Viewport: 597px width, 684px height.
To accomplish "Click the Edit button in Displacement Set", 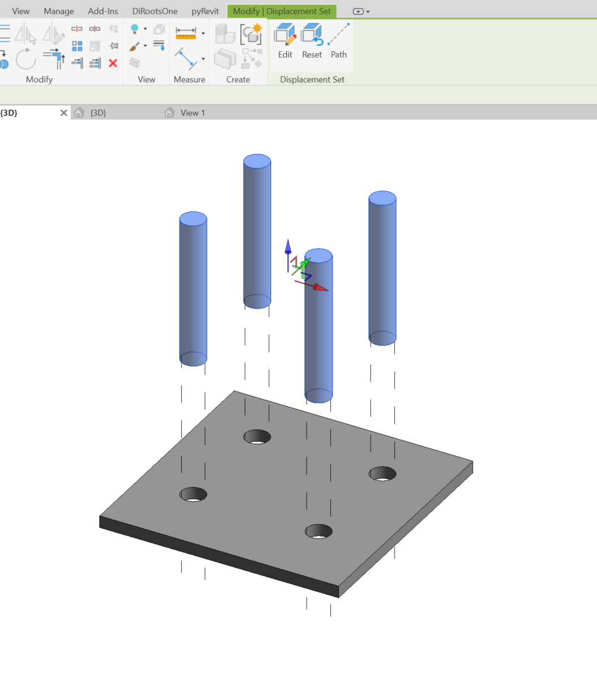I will [285, 41].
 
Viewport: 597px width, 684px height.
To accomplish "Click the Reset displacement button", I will [312, 41].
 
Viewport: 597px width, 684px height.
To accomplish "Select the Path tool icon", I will [338, 41].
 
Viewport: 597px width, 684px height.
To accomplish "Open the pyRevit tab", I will [205, 11].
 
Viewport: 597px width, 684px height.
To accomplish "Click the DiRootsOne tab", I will [155, 11].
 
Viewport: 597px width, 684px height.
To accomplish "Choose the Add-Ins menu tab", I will [103, 11].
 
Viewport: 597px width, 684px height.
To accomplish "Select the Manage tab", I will [59, 11].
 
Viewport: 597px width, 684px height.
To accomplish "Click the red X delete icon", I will [113, 63].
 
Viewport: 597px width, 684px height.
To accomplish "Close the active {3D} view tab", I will [64, 113].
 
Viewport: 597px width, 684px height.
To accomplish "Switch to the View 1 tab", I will [192, 113].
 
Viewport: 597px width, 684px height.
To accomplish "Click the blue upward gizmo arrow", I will [288, 246].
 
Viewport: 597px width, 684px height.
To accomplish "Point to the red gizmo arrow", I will [320, 287].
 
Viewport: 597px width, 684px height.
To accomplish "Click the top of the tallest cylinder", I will [257, 161].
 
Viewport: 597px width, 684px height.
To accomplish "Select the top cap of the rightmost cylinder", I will [382, 198].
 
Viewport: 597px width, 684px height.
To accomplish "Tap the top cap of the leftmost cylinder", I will [193, 219].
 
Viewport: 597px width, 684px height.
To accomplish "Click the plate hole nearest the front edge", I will [319, 531].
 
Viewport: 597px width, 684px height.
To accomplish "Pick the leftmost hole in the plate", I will [193, 495].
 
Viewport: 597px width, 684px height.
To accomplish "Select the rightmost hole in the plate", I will [382, 474].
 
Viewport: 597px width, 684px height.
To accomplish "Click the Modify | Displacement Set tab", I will [282, 11].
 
